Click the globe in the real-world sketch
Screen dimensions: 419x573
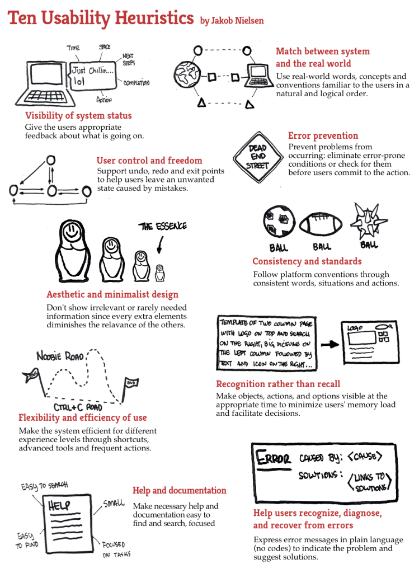pyautogui.click(x=187, y=75)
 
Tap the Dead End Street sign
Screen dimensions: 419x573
pyautogui.click(x=258, y=157)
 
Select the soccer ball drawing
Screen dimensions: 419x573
pyautogui.click(x=279, y=222)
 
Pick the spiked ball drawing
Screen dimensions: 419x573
pyautogui.click(x=368, y=221)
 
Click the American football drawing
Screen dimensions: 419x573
pyautogui.click(x=321, y=224)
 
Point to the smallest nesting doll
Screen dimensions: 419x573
pyautogui.click(x=159, y=273)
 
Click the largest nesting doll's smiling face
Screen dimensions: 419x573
pyautogui.click(x=72, y=232)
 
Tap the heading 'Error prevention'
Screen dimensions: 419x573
pyautogui.click(x=323, y=135)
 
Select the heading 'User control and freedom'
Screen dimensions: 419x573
pyautogui.click(x=149, y=161)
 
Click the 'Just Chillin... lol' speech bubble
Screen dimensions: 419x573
pyautogui.click(x=92, y=76)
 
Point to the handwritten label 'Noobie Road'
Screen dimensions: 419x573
pyautogui.click(x=60, y=356)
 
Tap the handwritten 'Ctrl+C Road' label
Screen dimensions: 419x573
pyautogui.click(x=78, y=407)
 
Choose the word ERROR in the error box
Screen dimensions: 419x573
pyautogui.click(x=273, y=458)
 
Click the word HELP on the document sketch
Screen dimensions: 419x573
pyautogui.click(x=59, y=505)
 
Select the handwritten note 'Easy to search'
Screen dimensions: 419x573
pyautogui.click(x=44, y=486)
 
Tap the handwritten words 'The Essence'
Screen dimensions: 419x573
pyautogui.click(x=163, y=226)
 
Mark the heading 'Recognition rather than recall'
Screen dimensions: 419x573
pyautogui.click(x=278, y=384)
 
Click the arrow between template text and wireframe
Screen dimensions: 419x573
pyautogui.click(x=330, y=344)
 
